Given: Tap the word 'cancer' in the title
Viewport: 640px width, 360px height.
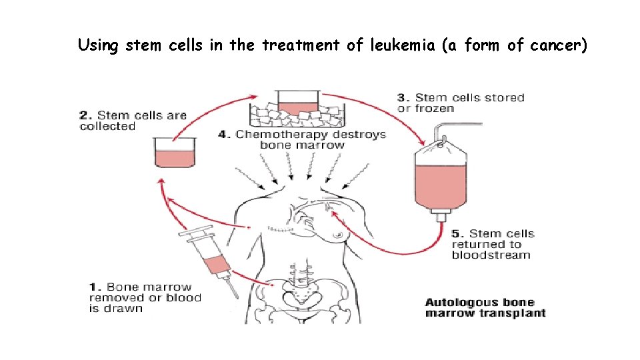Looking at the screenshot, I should (x=556, y=45).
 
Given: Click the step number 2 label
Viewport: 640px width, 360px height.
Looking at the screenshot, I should (x=84, y=115).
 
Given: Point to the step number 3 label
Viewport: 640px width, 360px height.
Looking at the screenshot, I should (x=402, y=98).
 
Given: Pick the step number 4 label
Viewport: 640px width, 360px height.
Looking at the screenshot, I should (x=225, y=135).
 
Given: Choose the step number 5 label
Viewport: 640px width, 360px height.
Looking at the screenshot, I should (x=457, y=233).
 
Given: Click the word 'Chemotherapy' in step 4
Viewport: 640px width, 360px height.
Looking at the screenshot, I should (x=274, y=135).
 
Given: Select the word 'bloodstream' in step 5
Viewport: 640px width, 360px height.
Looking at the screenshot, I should (x=491, y=255).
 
